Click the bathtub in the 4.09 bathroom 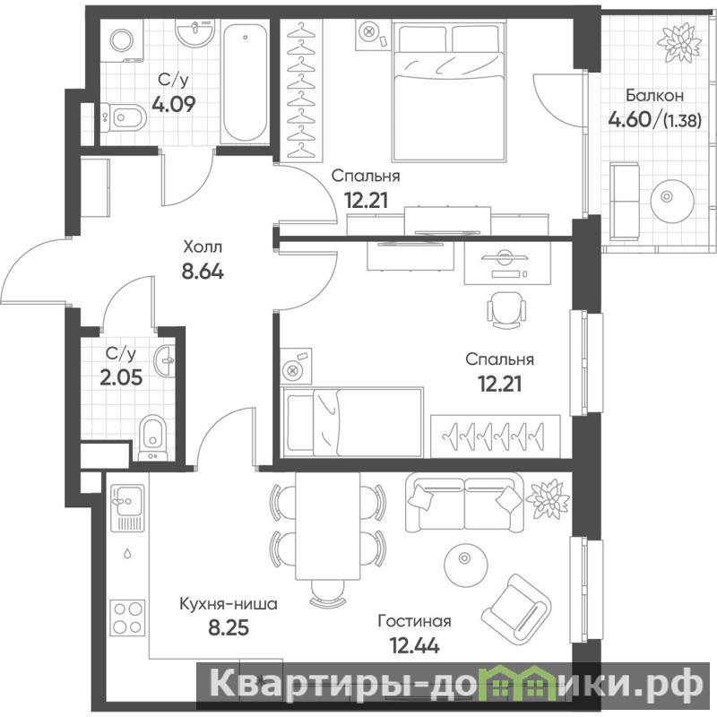(x=245, y=82)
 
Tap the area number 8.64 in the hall (x=203, y=272)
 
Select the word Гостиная (x=414, y=621)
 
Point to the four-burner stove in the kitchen (x=128, y=618)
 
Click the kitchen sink (x=127, y=508)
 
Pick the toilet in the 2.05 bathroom (x=152, y=437)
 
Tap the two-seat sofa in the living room (x=464, y=503)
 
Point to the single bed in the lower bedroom (x=352, y=422)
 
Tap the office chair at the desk (x=506, y=310)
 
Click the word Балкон (x=655, y=96)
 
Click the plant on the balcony (x=678, y=42)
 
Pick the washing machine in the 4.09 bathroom (x=122, y=40)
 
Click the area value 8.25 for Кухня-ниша (x=229, y=627)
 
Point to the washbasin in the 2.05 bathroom (x=165, y=361)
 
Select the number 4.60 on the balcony (x=629, y=119)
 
